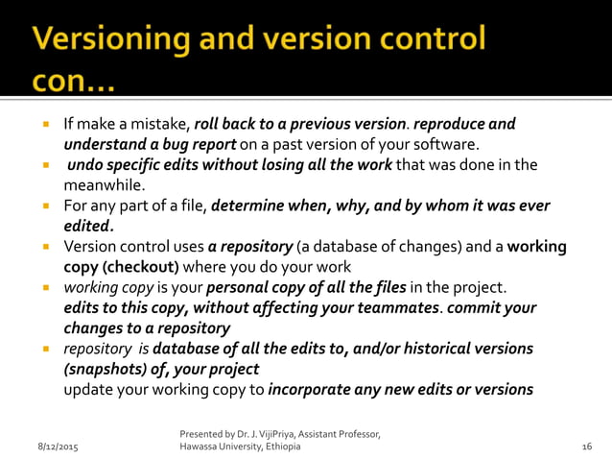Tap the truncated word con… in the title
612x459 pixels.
[x=73, y=84]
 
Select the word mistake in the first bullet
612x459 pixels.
[x=161, y=124]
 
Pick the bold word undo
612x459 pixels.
[x=86, y=165]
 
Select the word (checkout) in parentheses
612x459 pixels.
[x=140, y=266]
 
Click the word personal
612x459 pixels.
[x=237, y=287]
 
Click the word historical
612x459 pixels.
[x=426, y=349]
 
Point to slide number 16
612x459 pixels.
[x=587, y=447]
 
